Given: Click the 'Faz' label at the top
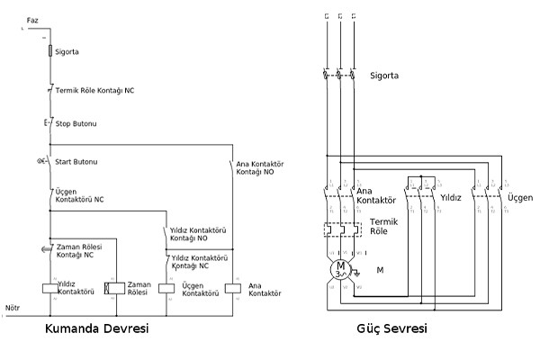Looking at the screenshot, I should [x=33, y=19].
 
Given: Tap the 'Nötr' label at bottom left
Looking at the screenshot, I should [x=13, y=308].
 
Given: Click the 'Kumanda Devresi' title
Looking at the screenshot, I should [x=96, y=329].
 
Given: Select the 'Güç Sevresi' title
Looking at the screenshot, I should [x=391, y=329].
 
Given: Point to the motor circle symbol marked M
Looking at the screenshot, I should [x=340, y=268].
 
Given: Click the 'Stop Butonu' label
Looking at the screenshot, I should [x=76, y=122].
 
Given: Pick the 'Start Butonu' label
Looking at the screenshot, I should [x=76, y=162].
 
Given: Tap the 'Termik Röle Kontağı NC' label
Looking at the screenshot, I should [x=95, y=91].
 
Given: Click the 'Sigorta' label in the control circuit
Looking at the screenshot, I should [x=67, y=51].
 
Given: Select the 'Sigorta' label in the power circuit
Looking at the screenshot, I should [x=384, y=76].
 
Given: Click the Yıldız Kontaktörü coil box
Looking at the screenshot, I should [x=49, y=288].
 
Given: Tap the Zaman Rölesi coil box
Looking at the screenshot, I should [x=113, y=288].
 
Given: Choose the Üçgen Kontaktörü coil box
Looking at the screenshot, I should [x=166, y=288].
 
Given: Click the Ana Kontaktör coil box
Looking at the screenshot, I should [x=232, y=288].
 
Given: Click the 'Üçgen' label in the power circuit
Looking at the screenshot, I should [x=520, y=197].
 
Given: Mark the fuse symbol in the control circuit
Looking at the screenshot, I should [x=49, y=51].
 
